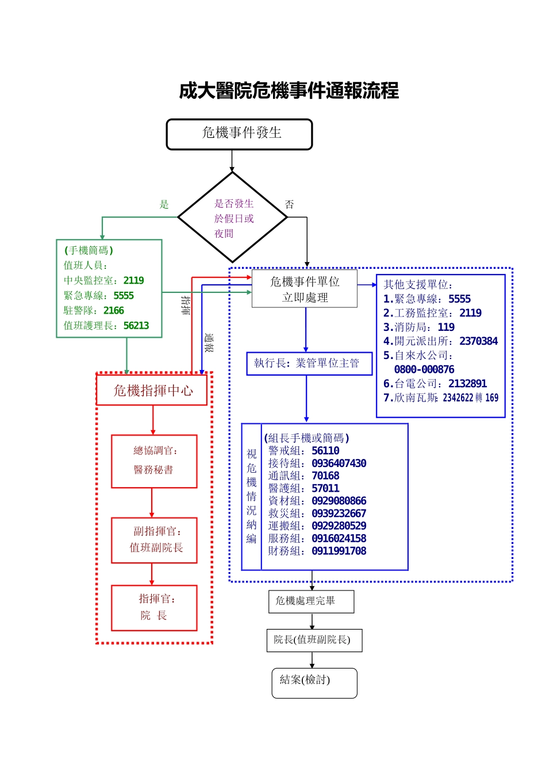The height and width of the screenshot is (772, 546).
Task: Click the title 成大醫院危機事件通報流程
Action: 289,91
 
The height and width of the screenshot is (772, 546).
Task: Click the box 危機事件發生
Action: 239,134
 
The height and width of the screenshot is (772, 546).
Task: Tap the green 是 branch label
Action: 164,204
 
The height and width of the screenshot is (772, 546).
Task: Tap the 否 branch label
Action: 289,204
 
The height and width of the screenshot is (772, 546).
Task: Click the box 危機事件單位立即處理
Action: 305,289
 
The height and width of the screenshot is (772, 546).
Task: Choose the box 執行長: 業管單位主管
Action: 309,363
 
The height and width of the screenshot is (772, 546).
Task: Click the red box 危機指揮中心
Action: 152,391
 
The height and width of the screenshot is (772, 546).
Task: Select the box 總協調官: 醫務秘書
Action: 154,461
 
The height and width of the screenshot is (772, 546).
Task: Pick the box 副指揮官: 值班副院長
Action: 154,540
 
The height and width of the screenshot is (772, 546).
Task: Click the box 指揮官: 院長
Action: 154,608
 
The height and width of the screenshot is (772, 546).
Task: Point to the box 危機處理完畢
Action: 311,601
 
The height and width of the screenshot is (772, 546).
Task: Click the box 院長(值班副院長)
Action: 314,640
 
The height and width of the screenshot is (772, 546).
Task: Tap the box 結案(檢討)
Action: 314,682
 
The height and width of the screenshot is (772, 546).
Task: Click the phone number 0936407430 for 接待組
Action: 339,464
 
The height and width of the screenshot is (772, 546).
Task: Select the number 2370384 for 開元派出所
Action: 478,341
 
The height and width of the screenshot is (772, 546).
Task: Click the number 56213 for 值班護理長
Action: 136,326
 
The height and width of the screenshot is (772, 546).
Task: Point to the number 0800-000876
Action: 424,369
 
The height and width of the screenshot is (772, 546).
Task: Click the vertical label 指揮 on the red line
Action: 186,305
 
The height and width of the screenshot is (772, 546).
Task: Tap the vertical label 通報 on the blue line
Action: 209,343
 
